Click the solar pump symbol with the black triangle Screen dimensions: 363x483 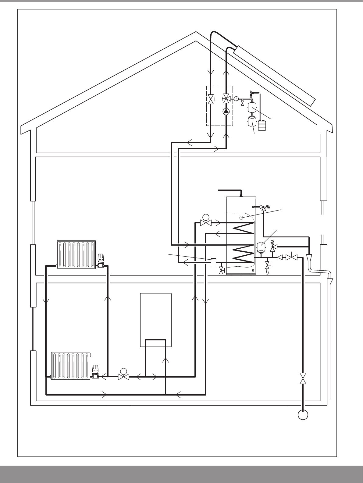point(226,111)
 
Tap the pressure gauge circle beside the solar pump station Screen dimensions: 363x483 point(236,98)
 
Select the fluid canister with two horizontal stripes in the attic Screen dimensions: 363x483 point(262,125)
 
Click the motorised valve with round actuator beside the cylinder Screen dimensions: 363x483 point(205,221)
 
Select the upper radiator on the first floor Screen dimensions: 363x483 point(77,254)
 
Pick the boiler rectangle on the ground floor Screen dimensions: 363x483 point(156,320)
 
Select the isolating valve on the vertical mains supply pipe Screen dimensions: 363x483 point(303,378)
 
